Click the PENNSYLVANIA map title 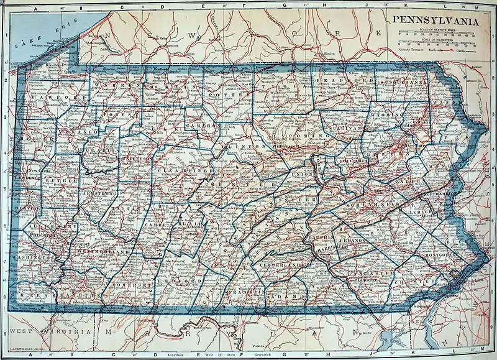(x=434, y=21)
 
